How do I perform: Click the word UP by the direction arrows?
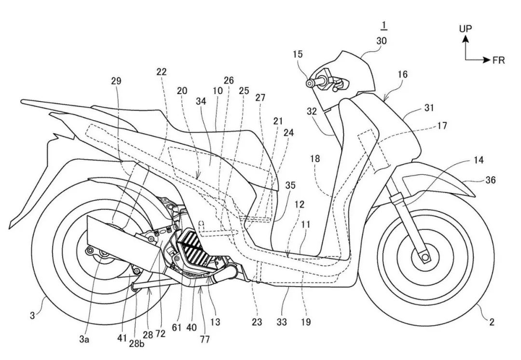tap(466, 28)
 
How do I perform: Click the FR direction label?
tap(498, 60)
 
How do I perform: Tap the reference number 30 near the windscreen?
tap(381, 42)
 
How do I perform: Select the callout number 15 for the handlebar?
tap(298, 55)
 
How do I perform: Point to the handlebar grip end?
tap(309, 83)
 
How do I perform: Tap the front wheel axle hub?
tap(425, 259)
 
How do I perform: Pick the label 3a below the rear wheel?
tap(84, 339)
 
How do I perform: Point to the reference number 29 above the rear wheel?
tap(116, 81)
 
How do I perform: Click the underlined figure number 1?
tap(384, 25)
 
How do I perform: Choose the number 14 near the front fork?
tap(479, 160)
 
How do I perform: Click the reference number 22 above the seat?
tap(162, 71)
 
